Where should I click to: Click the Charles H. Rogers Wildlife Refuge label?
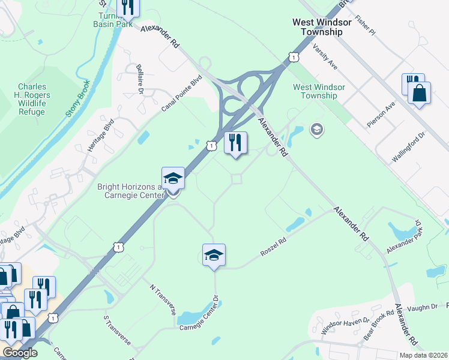(34, 99)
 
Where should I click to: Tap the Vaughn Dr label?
(426, 307)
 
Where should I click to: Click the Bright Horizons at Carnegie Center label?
(130, 191)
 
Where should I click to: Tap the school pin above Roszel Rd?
(214, 256)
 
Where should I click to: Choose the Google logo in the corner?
(20, 353)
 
